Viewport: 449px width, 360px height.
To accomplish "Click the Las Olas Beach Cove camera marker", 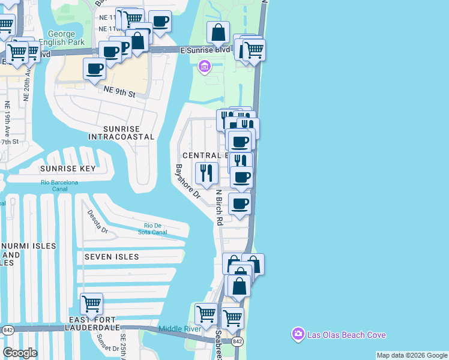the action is pos(298,334).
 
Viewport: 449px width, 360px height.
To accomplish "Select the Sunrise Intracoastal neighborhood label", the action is pos(121,133).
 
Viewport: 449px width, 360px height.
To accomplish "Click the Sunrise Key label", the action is pos(67,169).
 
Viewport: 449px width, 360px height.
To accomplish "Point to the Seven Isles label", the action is pos(112,256).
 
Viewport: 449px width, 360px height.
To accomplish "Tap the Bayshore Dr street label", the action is pos(187,181).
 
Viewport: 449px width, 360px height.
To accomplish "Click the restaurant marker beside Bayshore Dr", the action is pos(207,173).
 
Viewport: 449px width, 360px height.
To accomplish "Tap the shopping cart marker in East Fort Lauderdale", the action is pos(91,304).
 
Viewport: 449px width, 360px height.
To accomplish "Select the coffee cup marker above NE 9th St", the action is pos(94,70).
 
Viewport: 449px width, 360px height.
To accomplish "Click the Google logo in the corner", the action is pos(20,352).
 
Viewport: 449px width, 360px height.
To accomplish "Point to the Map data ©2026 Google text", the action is pos(411,355).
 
